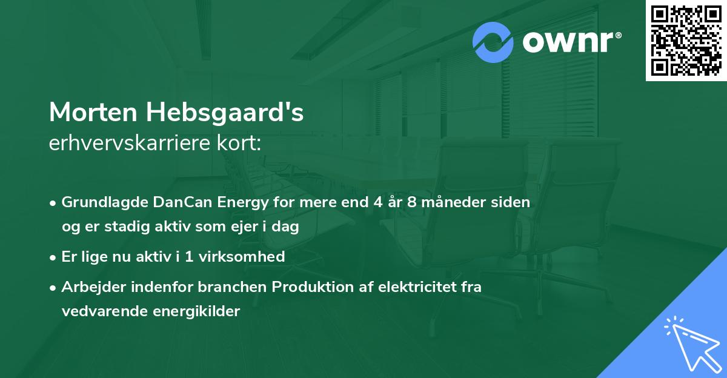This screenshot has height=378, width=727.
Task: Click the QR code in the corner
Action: pos(686,40)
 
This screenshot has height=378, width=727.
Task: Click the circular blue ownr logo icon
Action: pos(493,42)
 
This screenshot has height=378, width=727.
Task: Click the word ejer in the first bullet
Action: pos(233,227)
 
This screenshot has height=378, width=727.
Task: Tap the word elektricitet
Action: pos(410,287)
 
